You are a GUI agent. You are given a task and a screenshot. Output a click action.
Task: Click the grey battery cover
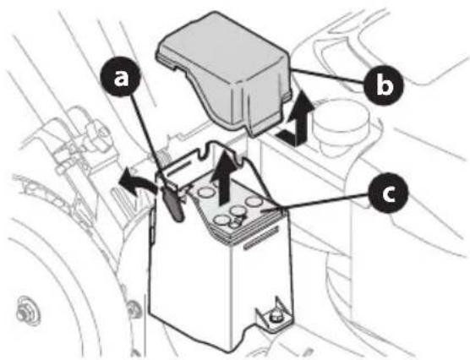227,75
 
